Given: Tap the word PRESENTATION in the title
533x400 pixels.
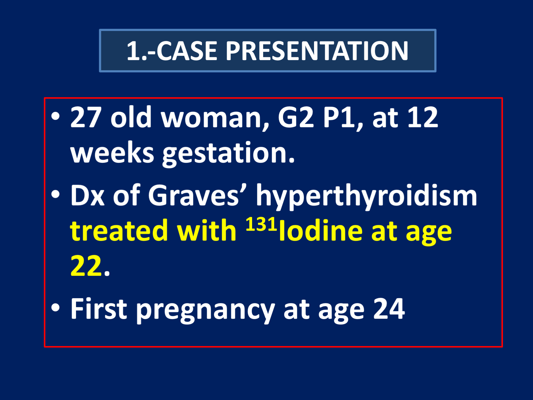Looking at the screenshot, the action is (317, 51).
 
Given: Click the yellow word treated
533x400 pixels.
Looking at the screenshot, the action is (119, 231).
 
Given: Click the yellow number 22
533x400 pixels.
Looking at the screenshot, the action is (86, 266).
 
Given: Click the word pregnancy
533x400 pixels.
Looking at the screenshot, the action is (205, 311).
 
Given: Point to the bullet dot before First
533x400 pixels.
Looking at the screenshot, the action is (56, 308).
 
